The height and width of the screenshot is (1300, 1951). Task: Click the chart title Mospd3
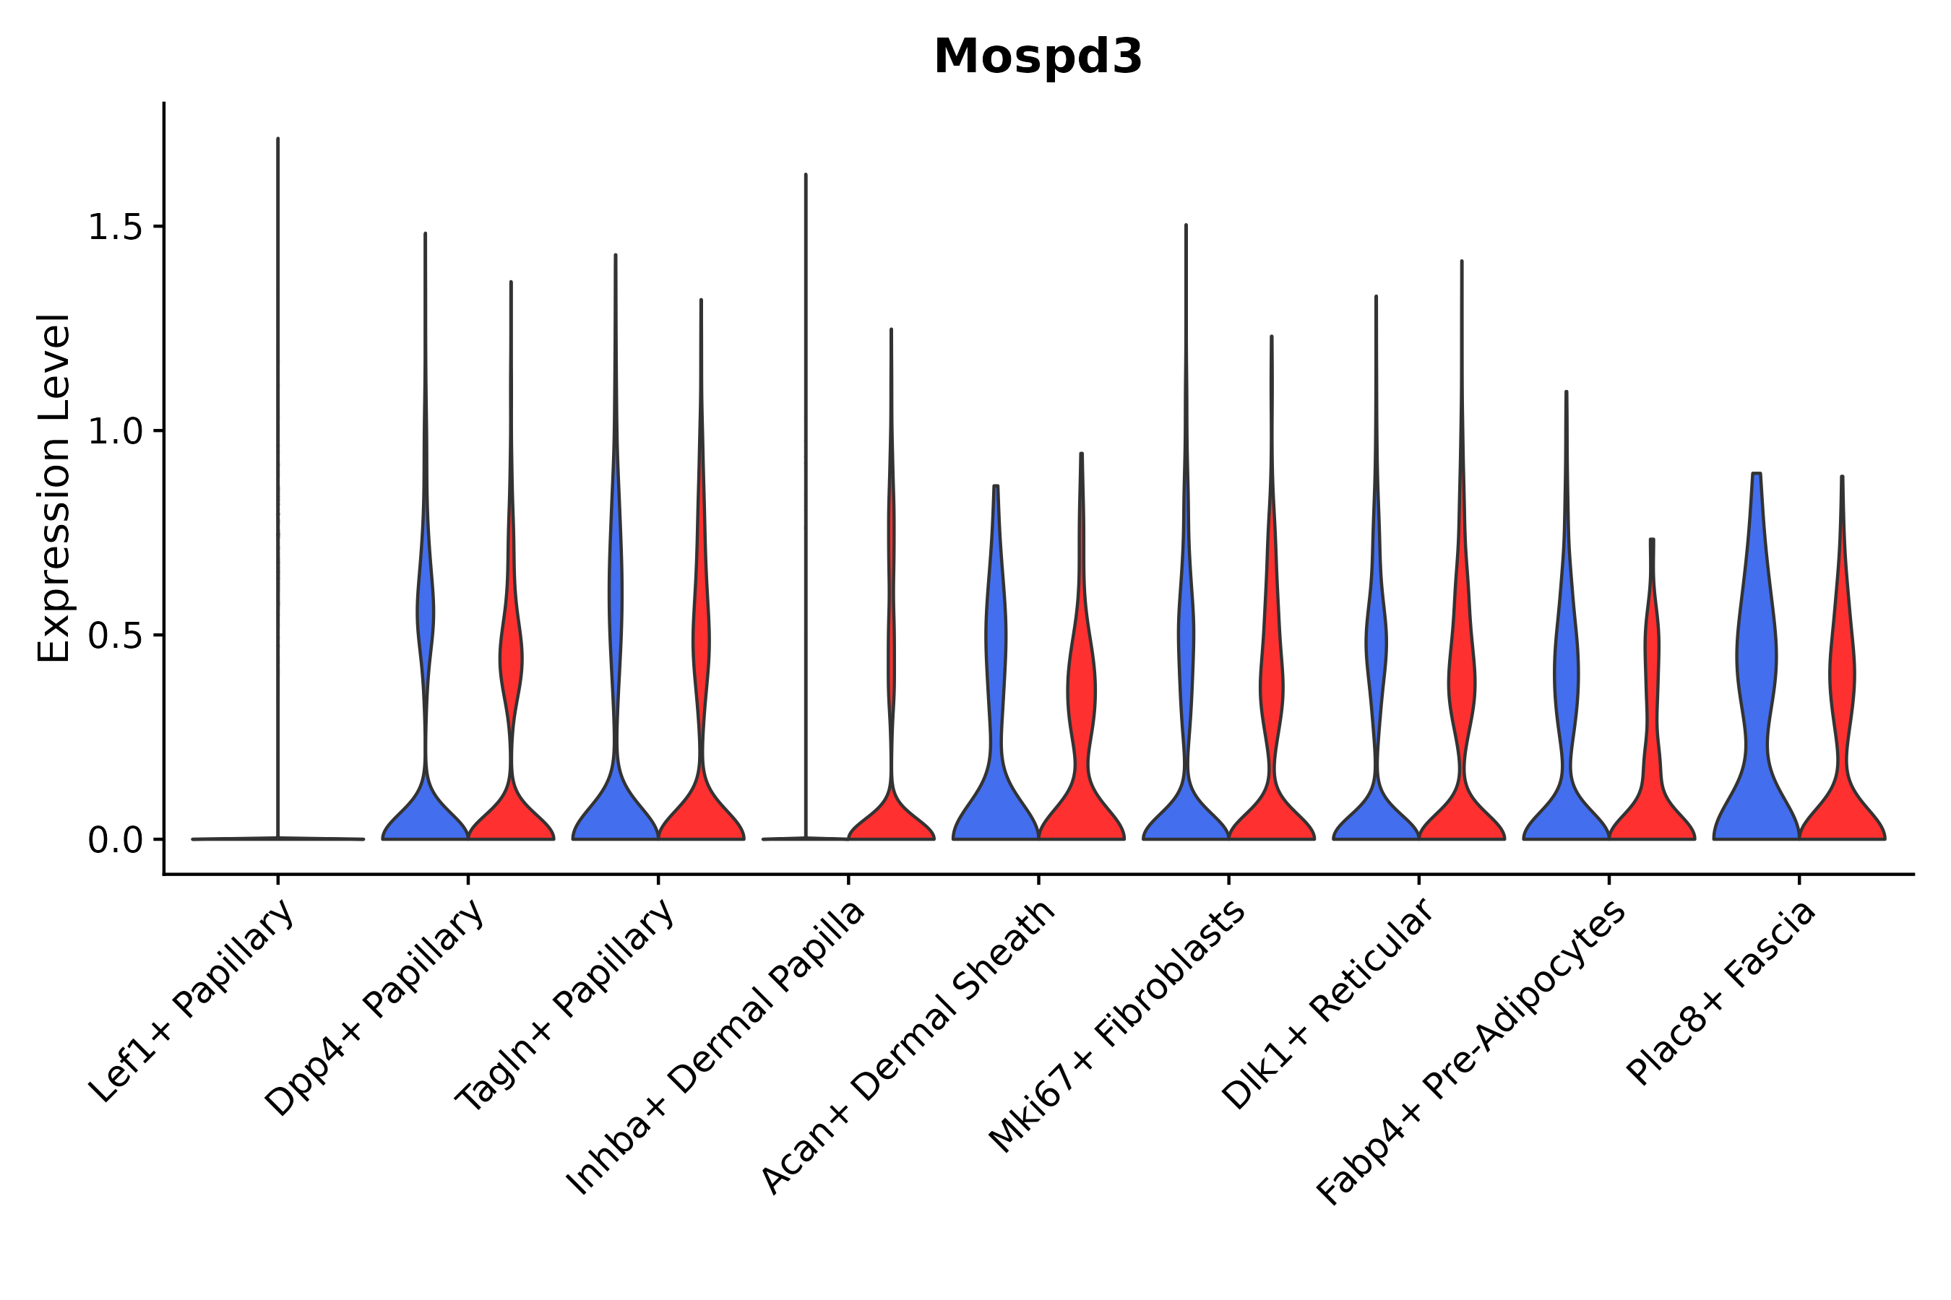click(1037, 57)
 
